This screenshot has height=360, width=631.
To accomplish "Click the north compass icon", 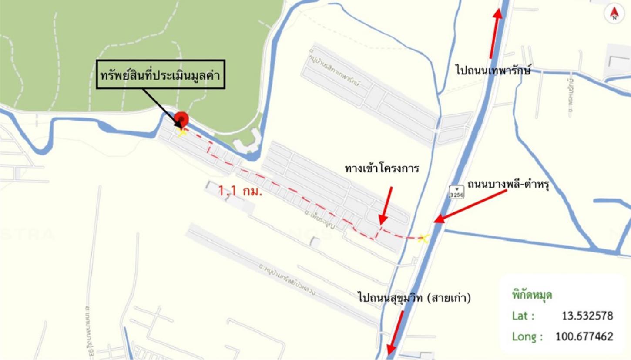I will click(614, 14).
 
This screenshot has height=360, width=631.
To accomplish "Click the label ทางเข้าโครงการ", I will click(382, 169).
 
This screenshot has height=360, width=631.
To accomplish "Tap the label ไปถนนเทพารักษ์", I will click(493, 70).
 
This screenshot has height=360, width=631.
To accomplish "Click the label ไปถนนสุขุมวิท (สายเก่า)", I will click(415, 298).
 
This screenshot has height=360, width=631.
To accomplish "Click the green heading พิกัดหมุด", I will click(532, 295).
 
